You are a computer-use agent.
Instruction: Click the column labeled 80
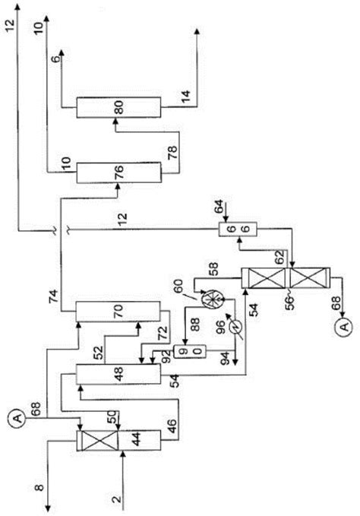(x=118, y=107)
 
